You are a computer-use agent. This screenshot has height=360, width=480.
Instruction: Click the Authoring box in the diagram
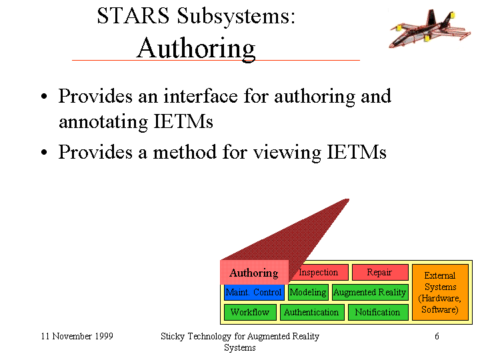[254, 273]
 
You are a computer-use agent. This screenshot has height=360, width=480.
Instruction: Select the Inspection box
[320, 272]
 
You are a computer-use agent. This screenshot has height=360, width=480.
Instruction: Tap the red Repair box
[380, 272]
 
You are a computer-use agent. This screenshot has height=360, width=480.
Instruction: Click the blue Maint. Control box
[254, 293]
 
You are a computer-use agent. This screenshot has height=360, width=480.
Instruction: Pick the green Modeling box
[308, 293]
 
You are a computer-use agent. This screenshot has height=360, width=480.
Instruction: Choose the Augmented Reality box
[370, 293]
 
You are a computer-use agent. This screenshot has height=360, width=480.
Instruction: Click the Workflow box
[250, 312]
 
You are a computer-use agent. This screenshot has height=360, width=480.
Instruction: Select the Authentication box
[312, 312]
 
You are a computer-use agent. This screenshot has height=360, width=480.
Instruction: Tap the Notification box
[378, 312]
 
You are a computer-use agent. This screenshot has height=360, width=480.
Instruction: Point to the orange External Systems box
[440, 293]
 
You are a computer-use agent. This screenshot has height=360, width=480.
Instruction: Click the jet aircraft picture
[429, 29]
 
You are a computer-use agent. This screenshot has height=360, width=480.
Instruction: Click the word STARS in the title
[133, 15]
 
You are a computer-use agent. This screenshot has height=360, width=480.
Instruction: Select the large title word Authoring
[195, 49]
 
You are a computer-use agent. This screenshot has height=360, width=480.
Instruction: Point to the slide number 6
[437, 336]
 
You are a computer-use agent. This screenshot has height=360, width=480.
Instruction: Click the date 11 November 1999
[77, 336]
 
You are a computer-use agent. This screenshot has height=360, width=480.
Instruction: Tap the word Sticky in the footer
[173, 337]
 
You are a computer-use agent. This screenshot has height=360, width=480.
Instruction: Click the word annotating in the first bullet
[103, 122]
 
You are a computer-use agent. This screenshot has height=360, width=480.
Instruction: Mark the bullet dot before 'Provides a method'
[44, 152]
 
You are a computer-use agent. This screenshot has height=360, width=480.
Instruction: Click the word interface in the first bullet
[201, 96]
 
